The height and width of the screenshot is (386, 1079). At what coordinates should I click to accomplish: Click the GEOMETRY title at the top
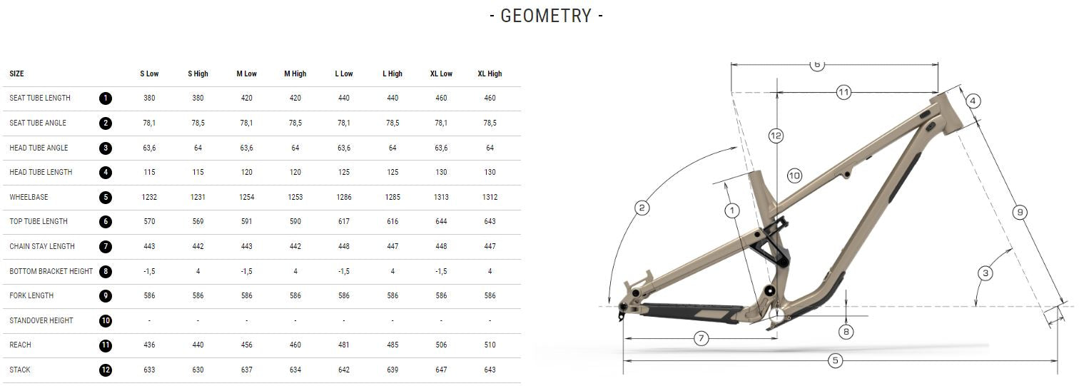click(546, 16)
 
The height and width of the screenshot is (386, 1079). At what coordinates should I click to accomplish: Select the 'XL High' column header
click(490, 73)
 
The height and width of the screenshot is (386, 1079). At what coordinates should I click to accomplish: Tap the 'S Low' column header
click(149, 73)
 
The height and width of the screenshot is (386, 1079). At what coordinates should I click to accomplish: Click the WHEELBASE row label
click(29, 197)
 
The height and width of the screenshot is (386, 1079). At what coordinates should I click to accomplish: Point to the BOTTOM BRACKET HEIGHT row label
click(51, 271)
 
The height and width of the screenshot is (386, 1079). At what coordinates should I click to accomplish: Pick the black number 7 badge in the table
click(106, 247)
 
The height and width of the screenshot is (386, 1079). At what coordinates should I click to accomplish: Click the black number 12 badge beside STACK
click(106, 370)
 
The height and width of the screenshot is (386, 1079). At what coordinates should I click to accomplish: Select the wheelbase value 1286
click(344, 197)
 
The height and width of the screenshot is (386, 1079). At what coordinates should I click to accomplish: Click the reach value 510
click(490, 345)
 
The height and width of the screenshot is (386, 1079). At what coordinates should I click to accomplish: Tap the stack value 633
click(149, 370)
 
